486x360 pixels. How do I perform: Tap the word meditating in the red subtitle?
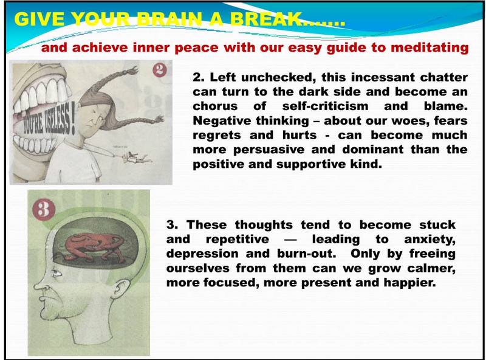tap(430, 48)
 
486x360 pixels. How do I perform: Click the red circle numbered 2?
tap(159, 70)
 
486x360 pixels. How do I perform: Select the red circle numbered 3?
tap(44, 209)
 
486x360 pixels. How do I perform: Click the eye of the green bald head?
tap(56, 273)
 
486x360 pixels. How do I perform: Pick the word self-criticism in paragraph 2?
tap(325, 106)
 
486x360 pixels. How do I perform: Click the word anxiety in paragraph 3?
tap(430, 240)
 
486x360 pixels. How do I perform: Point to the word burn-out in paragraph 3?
tap(307, 254)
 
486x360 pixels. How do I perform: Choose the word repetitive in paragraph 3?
tap(238, 240)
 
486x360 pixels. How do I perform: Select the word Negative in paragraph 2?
tap(220, 121)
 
